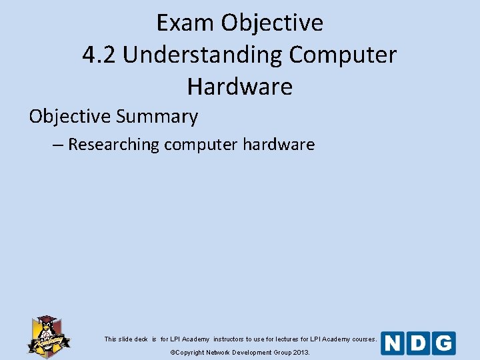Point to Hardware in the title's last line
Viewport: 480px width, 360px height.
pos(239,87)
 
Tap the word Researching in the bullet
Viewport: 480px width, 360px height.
pos(113,144)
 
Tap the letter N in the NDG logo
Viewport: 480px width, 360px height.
pos(393,343)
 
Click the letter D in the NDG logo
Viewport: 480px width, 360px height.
pos(418,343)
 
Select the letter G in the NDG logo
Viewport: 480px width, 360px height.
pos(443,343)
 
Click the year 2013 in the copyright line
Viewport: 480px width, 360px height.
pos(300,352)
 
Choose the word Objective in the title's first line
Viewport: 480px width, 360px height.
pos(272,23)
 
